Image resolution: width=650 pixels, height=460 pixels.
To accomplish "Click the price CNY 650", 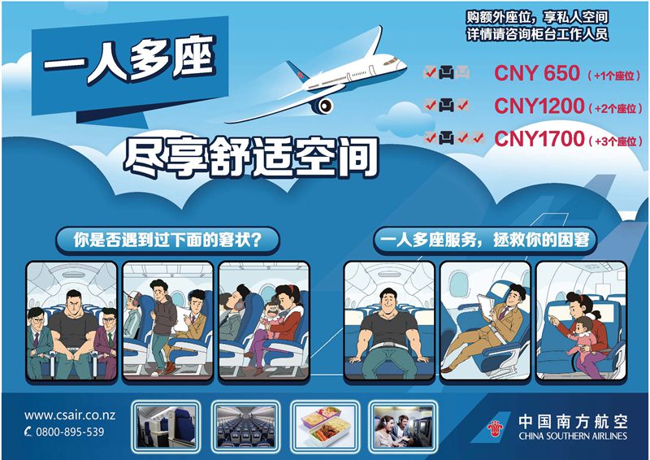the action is coord(537,73).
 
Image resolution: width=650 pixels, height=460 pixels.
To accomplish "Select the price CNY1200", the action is coord(539,106).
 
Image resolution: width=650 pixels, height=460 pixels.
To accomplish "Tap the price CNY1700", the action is coord(539,138).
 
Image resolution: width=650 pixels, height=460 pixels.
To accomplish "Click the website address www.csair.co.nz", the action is coord(70,415).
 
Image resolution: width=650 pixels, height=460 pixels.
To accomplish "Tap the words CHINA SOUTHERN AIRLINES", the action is coord(573,436).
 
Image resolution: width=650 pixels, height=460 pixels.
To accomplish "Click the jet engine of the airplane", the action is coord(322,106).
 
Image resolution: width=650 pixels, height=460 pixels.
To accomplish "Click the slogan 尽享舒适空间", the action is coord(251,158).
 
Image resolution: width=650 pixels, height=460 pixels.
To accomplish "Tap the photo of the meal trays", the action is coord(325,426).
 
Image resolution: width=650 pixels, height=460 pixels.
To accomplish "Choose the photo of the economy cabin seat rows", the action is coord(246,426).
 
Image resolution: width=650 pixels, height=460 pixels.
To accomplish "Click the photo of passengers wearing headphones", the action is coord(403,426).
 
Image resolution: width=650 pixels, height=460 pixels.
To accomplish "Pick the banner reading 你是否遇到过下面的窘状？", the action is coord(167,241).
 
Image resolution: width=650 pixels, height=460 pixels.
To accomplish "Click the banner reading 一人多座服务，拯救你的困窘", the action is coord(484,241).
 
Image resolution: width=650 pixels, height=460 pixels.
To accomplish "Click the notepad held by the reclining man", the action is coord(484,306).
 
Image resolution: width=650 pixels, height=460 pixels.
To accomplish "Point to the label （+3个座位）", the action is coord(615,141).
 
